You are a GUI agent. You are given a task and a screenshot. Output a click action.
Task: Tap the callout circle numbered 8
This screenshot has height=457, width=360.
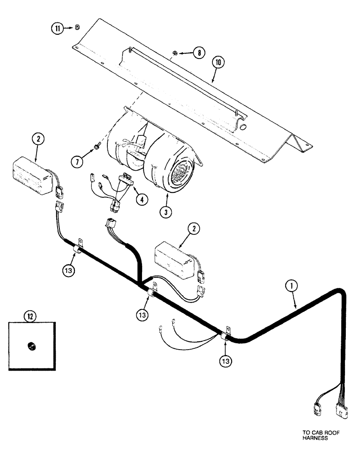tap(199, 53)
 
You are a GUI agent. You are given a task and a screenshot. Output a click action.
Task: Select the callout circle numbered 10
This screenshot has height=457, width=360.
tap(218, 63)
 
